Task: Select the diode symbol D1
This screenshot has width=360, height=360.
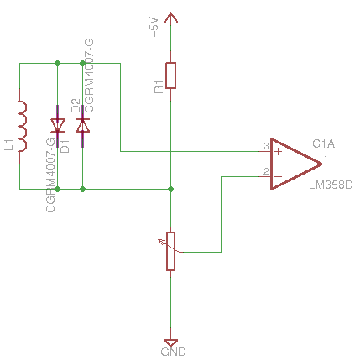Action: [x=58, y=126]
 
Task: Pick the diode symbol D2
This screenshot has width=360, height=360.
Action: [x=83, y=126]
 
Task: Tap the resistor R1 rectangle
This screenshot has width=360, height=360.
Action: [x=171, y=76]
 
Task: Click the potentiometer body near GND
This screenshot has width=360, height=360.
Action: [x=170, y=251]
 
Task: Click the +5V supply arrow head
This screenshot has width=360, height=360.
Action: [x=170, y=18]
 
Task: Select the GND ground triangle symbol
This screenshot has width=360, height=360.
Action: [x=170, y=342]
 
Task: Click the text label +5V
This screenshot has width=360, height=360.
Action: [x=154, y=27]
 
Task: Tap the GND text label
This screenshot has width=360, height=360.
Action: [x=173, y=352]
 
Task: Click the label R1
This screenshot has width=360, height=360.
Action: [x=159, y=86]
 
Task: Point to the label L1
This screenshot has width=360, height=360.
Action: [x=9, y=144]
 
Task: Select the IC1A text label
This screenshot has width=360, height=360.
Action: [x=321, y=143]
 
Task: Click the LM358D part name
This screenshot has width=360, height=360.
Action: [x=331, y=185]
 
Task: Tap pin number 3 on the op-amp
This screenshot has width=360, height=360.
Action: [x=266, y=146]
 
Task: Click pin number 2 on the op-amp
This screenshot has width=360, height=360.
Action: [x=266, y=171]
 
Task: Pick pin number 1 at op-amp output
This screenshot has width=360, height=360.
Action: [x=326, y=159]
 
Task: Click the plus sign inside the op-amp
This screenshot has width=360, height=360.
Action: [x=278, y=152]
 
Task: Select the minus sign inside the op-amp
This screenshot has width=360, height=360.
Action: [x=278, y=176]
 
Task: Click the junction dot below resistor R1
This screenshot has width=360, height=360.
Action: [x=170, y=190]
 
